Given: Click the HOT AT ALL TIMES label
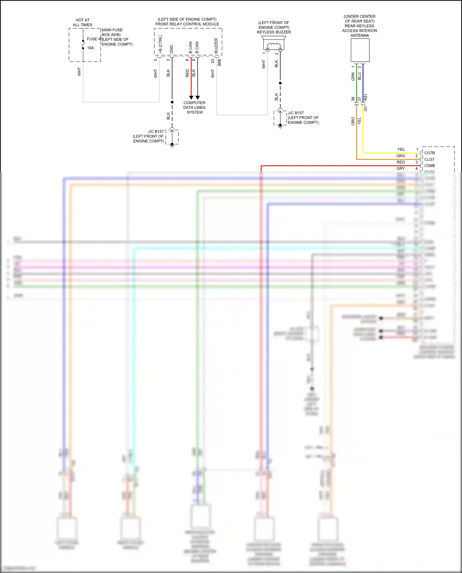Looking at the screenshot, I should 83,22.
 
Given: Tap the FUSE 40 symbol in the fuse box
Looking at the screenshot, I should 83,45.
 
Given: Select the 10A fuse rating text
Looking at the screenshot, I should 90,48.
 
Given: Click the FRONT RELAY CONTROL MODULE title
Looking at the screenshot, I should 187,24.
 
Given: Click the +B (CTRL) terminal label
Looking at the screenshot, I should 160,44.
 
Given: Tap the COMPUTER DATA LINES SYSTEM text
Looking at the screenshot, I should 194,107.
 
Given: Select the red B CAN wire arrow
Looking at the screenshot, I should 191,97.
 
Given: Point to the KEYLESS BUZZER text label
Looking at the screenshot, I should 274,32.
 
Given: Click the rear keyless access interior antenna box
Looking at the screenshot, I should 360,50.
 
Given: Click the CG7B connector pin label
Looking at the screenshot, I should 429,153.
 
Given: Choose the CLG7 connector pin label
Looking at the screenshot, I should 429,159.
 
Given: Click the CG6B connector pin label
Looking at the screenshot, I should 429,166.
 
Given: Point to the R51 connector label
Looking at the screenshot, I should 366,97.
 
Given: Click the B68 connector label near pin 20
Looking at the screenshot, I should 219,63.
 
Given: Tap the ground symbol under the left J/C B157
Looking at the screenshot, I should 172,146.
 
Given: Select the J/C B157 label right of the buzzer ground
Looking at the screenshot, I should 296,113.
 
